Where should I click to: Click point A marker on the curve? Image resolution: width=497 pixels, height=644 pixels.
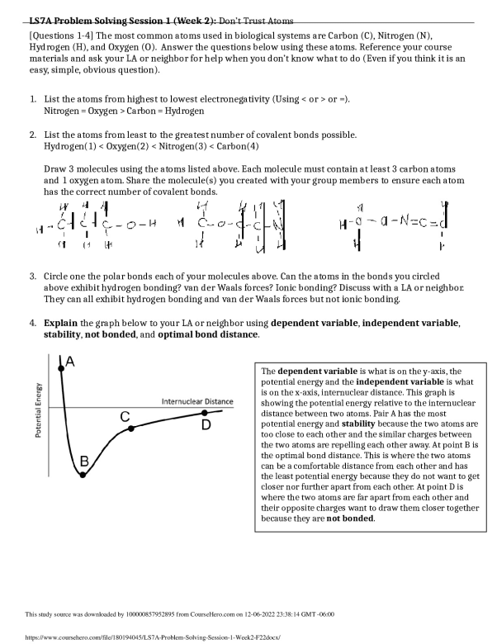point(60,369)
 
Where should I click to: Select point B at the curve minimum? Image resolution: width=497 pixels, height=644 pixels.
point(83,475)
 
